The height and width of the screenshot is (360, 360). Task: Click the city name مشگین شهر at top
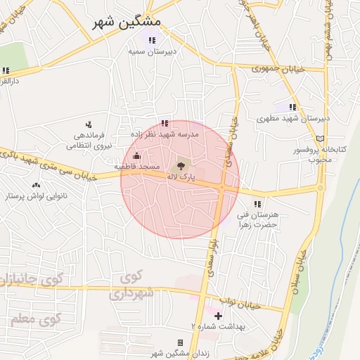tap(127, 22)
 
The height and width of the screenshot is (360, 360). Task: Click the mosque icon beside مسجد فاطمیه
tap(136, 155)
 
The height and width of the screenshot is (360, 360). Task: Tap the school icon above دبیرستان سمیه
tap(150, 39)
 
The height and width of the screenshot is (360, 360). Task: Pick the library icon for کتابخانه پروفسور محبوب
tap(321, 139)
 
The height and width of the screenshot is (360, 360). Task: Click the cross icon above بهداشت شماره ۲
tap(218, 316)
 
